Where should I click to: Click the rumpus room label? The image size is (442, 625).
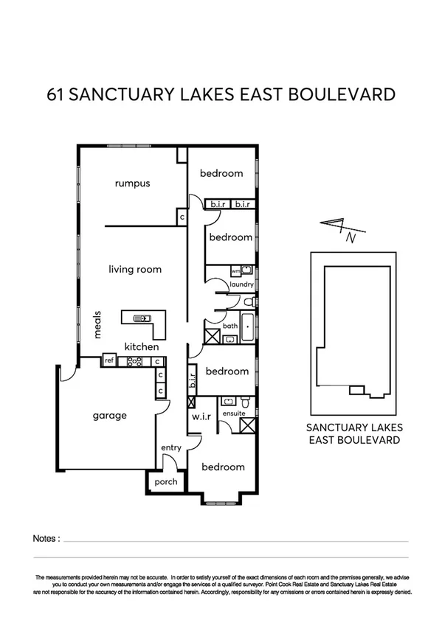133,184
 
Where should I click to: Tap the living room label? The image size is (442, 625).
135,270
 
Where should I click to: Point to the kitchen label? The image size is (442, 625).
141,346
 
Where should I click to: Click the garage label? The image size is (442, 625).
109,416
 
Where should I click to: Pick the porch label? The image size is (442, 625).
166,482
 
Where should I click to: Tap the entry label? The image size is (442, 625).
171,448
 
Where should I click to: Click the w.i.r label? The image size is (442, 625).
201,417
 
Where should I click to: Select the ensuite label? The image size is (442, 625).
233,413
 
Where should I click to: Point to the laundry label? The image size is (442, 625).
242,284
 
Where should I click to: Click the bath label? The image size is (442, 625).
230,325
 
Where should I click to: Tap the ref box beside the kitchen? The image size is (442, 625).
109,361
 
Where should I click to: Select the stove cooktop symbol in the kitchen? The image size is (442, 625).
135,361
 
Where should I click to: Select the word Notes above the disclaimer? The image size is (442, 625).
46,539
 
